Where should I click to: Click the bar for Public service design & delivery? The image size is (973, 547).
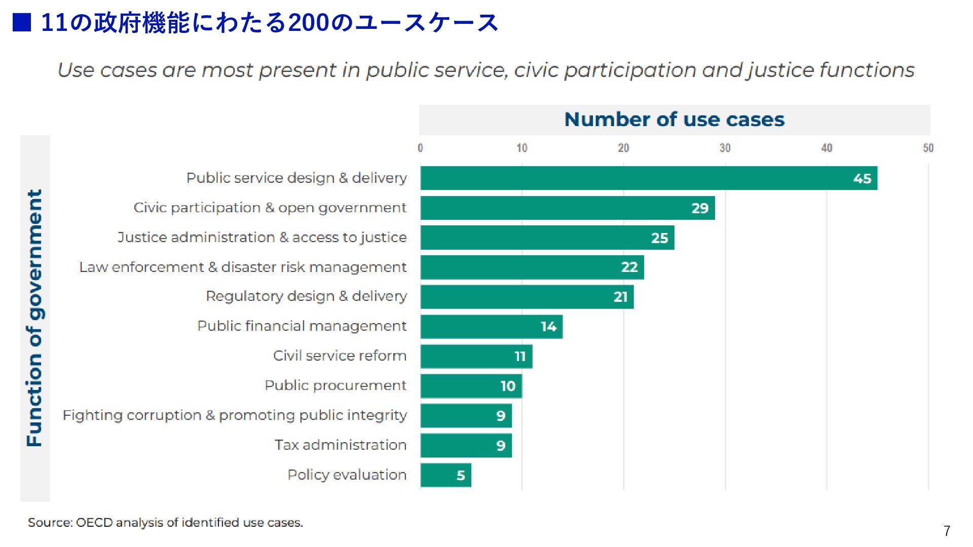click(649, 178)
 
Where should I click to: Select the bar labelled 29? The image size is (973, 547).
click(568, 208)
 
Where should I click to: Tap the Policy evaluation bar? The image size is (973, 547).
click(445, 475)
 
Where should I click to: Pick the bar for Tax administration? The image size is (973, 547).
click(466, 446)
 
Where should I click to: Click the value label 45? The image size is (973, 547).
click(862, 179)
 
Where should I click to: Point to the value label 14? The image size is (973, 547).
click(548, 327)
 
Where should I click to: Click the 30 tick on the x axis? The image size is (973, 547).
click(725, 148)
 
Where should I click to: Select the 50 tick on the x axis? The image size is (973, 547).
click(928, 148)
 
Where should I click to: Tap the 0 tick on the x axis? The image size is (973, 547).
click(420, 148)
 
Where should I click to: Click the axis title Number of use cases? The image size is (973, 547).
click(674, 120)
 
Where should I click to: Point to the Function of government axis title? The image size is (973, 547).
click(34, 318)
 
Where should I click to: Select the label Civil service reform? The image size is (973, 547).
click(340, 356)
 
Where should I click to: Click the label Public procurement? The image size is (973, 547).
click(335, 385)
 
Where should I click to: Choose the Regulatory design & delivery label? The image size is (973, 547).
click(306, 296)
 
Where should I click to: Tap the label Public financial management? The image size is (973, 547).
click(302, 326)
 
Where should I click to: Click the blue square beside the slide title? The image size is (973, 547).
click(22, 22)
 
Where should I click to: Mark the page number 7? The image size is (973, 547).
click(947, 531)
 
